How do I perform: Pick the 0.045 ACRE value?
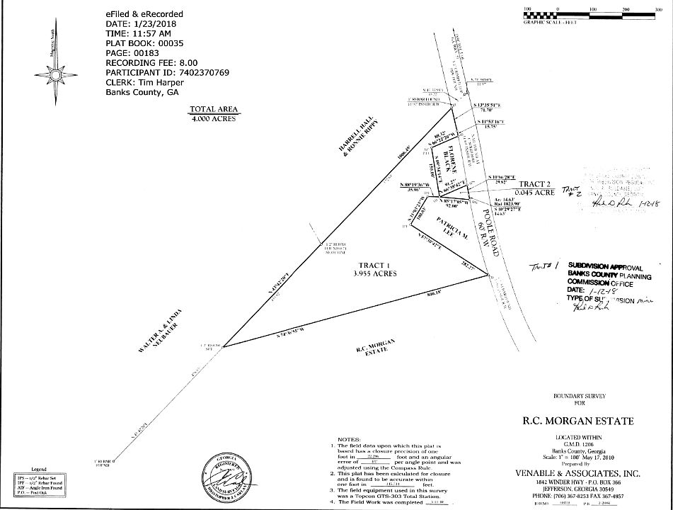pyautogui.click(x=534, y=193)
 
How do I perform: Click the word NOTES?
pyautogui.click(x=350, y=438)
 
